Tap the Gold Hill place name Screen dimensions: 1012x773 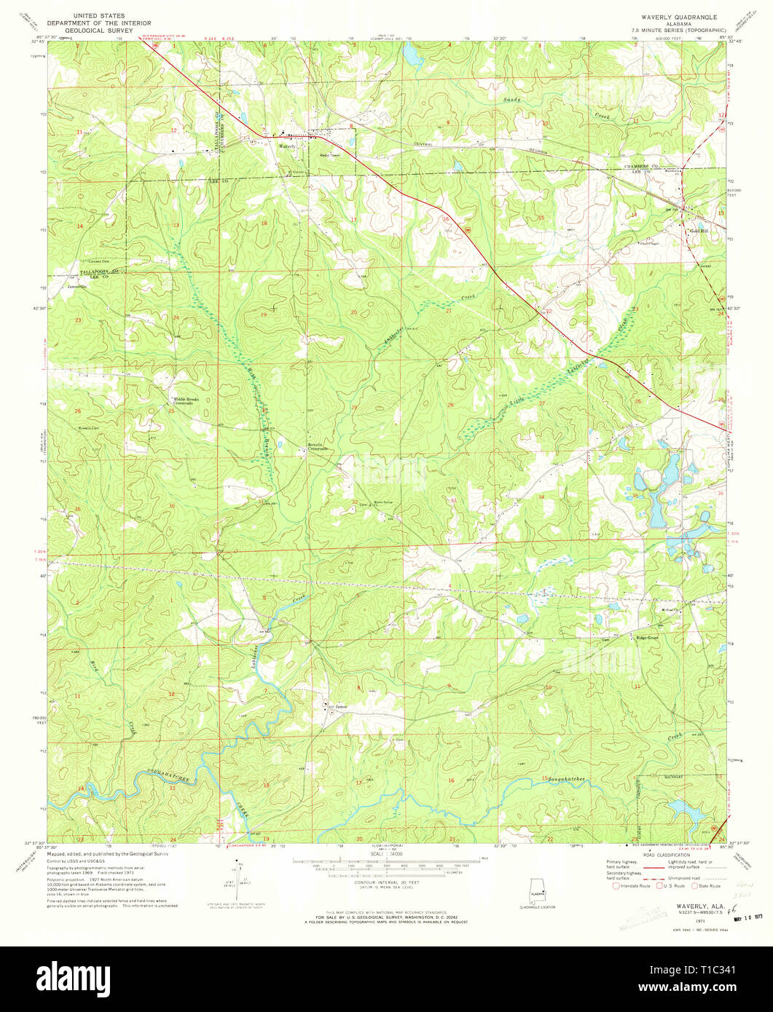point(699,231)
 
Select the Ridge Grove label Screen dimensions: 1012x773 point(647,638)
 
